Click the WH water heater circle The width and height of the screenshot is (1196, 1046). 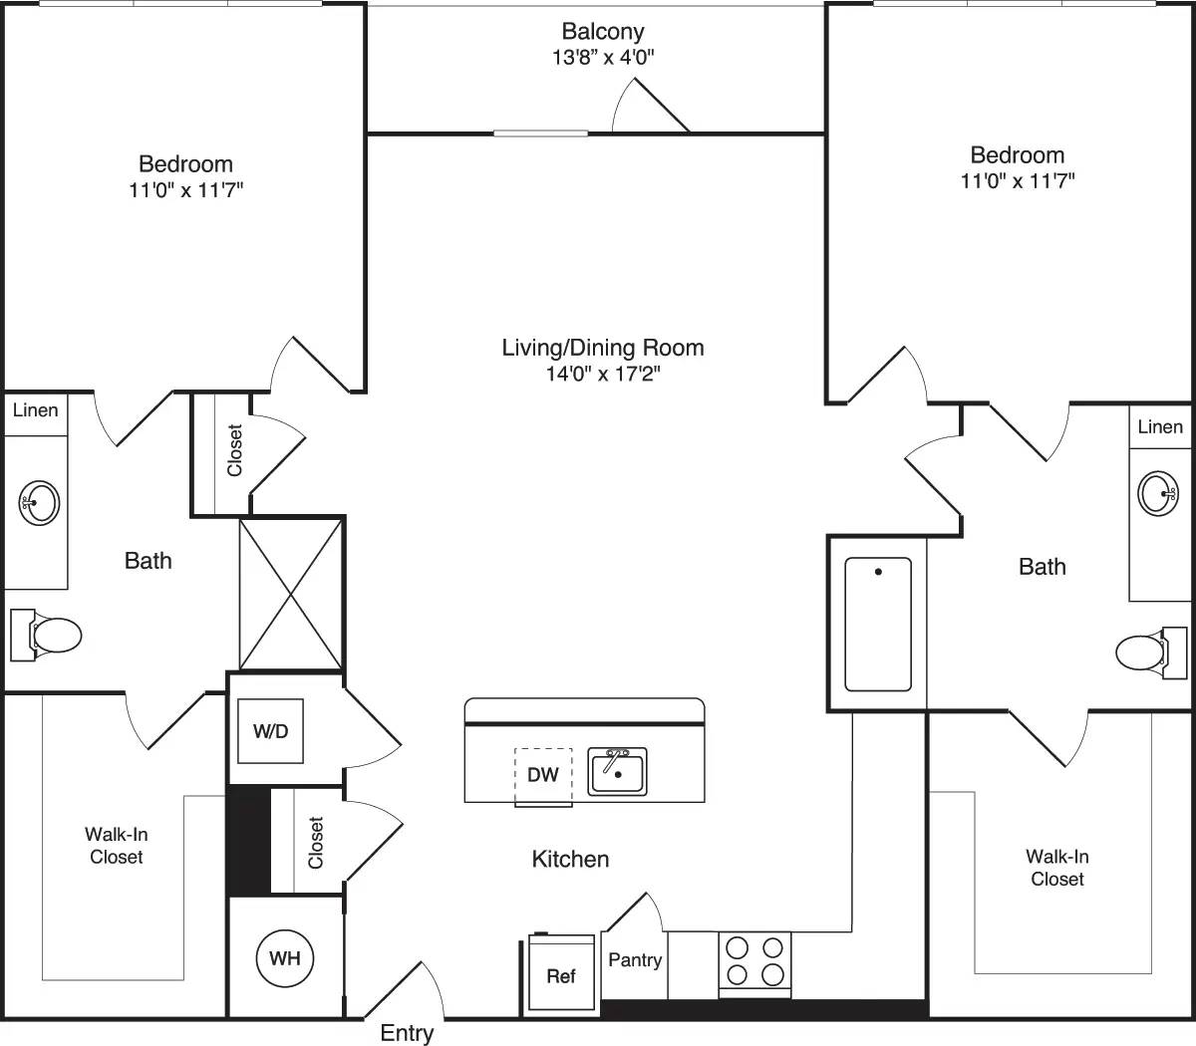pyautogui.click(x=285, y=958)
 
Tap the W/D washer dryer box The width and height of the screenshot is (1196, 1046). pyautogui.click(x=270, y=731)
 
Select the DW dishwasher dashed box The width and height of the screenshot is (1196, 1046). pyautogui.click(x=543, y=774)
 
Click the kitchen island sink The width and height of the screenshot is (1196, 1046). pyautogui.click(x=617, y=772)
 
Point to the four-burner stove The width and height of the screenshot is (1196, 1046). pyautogui.click(x=754, y=961)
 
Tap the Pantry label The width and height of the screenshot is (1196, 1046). pyautogui.click(x=635, y=960)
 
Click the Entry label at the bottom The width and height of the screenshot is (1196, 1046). pyautogui.click(x=407, y=1033)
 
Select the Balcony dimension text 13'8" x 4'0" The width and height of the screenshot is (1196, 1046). pyautogui.click(x=603, y=58)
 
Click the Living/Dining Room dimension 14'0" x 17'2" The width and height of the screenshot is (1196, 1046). pyautogui.click(x=603, y=375)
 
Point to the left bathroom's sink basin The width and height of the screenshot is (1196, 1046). pyautogui.click(x=40, y=501)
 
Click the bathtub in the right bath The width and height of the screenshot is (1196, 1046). pyautogui.click(x=878, y=625)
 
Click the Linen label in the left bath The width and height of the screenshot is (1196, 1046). pyautogui.click(x=35, y=410)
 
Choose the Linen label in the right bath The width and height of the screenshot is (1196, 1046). pyautogui.click(x=1160, y=427)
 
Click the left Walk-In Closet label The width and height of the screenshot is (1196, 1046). pyautogui.click(x=117, y=846)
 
